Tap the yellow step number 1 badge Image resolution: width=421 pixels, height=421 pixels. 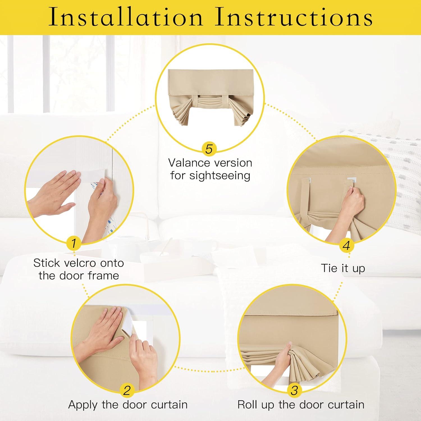point(74,243)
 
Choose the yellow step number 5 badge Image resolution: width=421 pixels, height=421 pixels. point(209,148)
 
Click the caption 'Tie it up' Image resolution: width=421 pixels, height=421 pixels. point(343,268)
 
